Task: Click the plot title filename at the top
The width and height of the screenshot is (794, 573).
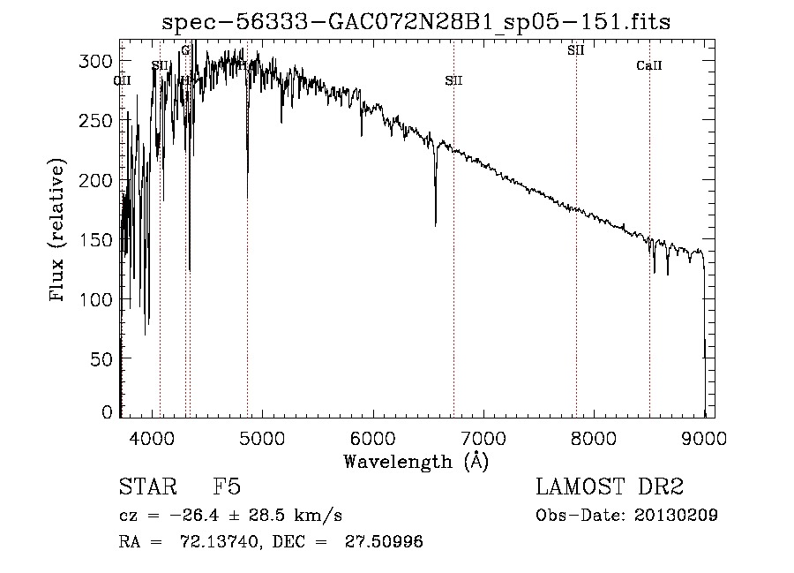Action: click(x=416, y=22)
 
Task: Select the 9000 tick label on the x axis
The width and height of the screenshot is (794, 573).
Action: click(x=703, y=436)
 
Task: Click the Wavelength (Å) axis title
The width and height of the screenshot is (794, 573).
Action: click(x=416, y=460)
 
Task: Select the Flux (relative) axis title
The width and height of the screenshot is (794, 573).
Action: click(x=59, y=231)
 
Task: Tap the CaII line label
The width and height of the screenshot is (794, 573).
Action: click(x=649, y=66)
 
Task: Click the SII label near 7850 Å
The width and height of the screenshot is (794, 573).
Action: click(x=576, y=50)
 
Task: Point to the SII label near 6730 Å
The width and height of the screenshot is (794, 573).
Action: click(x=453, y=80)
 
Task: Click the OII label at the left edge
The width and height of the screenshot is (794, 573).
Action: click(x=123, y=80)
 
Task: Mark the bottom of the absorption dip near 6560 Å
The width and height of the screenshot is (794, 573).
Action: click(x=436, y=224)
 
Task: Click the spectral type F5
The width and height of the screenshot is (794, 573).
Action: click(x=227, y=488)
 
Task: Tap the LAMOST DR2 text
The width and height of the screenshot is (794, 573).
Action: click(x=610, y=488)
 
